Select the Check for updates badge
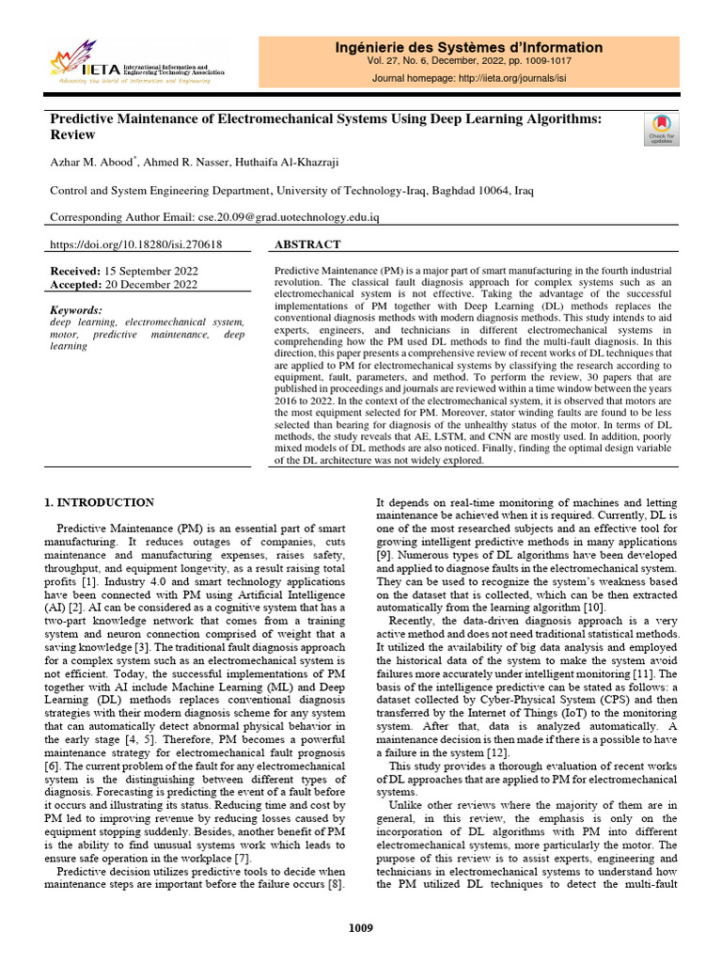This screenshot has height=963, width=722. [x=660, y=129]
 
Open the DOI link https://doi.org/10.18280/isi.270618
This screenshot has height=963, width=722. [x=135, y=245]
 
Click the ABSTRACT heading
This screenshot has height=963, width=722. [x=306, y=245]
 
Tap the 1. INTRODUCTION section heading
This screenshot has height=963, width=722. [x=101, y=503]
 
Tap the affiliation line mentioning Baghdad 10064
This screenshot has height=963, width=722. [x=291, y=190]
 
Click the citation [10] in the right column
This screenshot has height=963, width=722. [x=594, y=608]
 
